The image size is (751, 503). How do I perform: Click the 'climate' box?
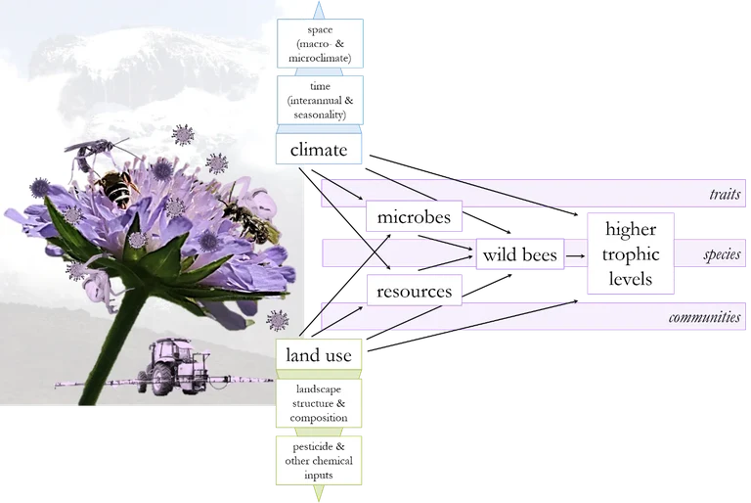[x=319, y=150]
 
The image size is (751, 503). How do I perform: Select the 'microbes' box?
[x=414, y=217]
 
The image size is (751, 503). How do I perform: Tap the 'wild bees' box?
[x=519, y=255]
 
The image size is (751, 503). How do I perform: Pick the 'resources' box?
[x=414, y=291]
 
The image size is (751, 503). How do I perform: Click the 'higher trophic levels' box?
[x=632, y=254]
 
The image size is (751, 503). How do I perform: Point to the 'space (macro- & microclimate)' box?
[x=319, y=44]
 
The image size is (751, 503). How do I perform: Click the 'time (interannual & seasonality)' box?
[x=319, y=101]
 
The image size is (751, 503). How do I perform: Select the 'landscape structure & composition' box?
[x=319, y=404]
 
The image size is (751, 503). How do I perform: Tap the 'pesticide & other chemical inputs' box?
[x=319, y=459]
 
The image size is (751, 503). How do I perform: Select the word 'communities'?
[x=706, y=318]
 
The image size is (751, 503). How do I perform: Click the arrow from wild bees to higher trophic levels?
[x=575, y=255]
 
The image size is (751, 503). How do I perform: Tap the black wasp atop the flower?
[x=95, y=149]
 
